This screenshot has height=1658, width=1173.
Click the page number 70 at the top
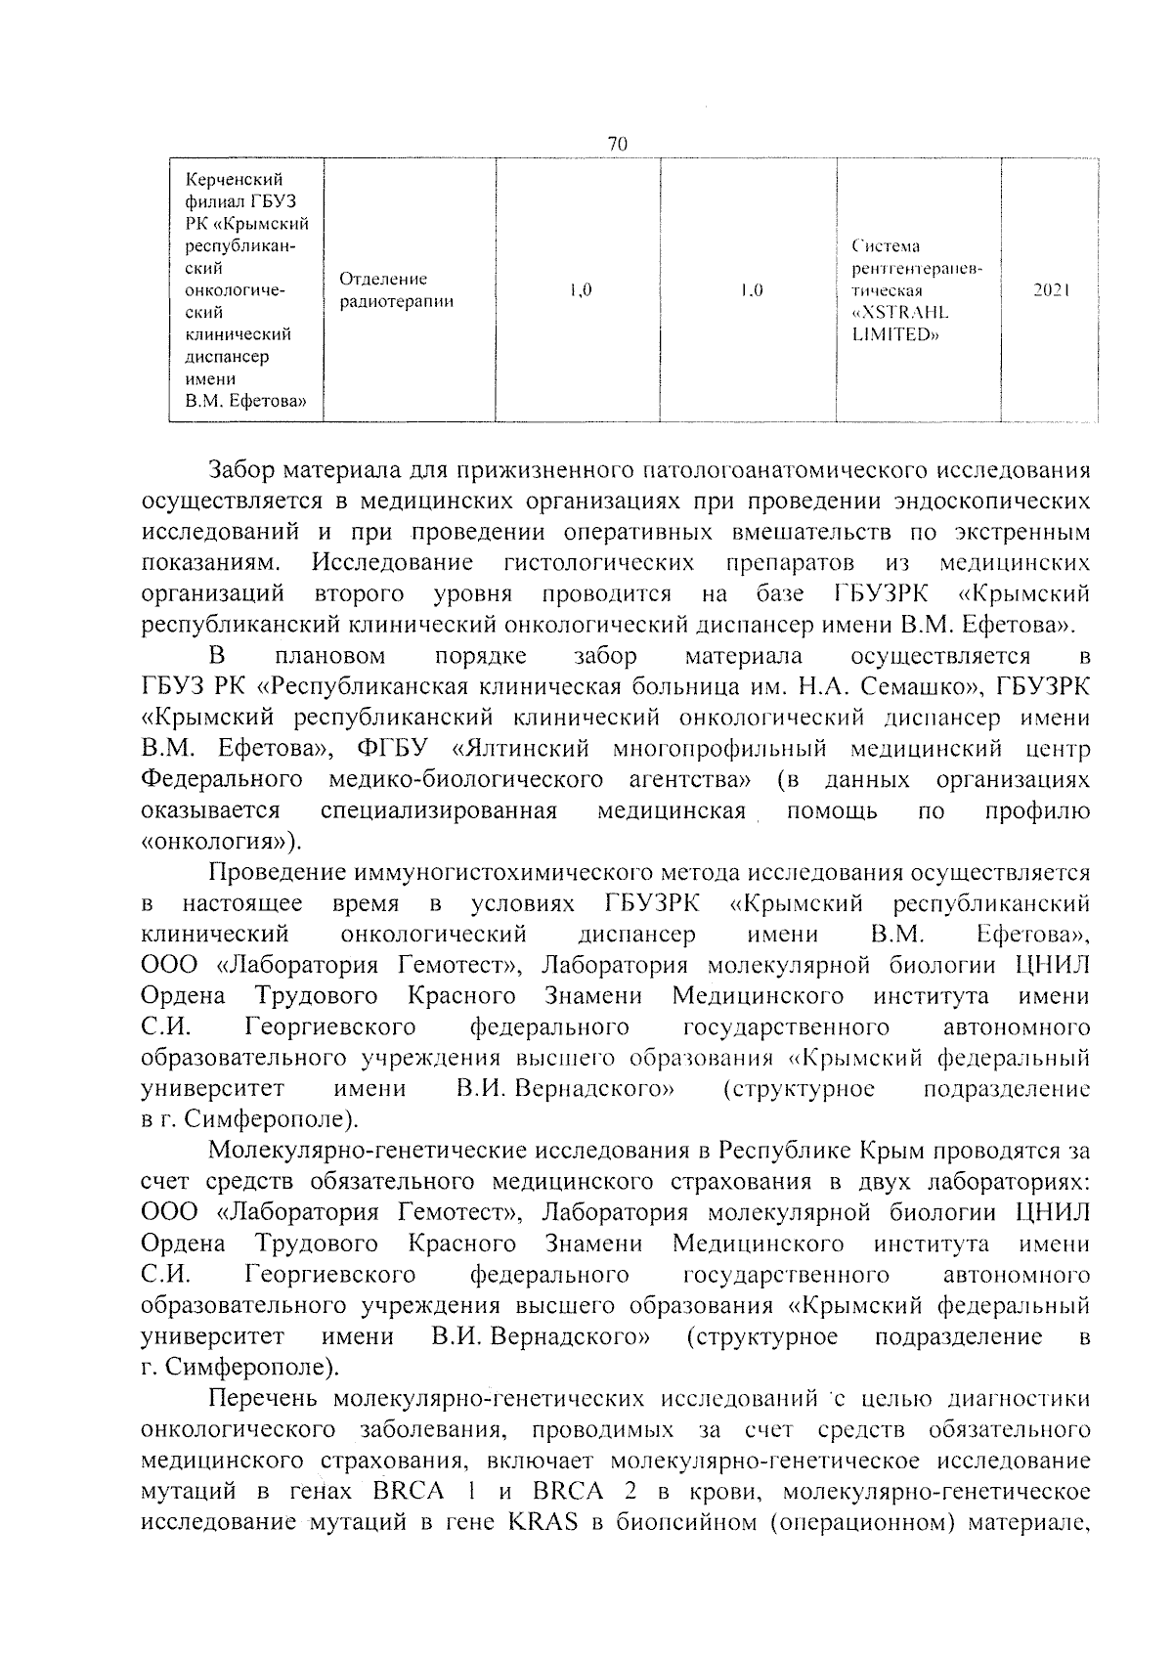coord(617,144)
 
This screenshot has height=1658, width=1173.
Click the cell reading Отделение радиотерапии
coord(396,290)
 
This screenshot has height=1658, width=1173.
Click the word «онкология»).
coord(222,842)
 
